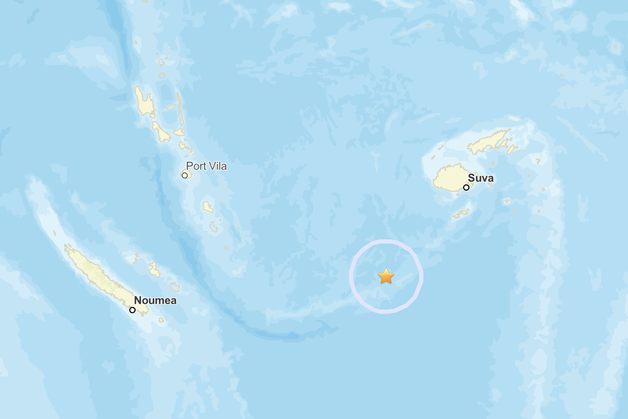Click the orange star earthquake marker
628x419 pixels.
click(386, 276)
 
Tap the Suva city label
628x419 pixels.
click(480, 179)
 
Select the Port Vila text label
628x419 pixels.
click(206, 167)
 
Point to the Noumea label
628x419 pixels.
click(155, 301)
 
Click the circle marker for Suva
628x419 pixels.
click(466, 188)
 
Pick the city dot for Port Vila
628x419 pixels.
click(185, 175)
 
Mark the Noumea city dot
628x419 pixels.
click(132, 310)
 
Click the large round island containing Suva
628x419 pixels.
click(451, 179)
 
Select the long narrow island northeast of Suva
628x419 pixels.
click(490, 141)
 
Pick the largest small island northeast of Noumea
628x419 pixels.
click(154, 270)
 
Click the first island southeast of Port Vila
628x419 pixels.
click(208, 207)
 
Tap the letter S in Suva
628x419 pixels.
click(471, 179)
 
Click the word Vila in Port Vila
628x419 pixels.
click(218, 167)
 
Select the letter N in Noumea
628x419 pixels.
click(138, 301)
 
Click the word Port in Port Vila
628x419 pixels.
click(196, 167)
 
